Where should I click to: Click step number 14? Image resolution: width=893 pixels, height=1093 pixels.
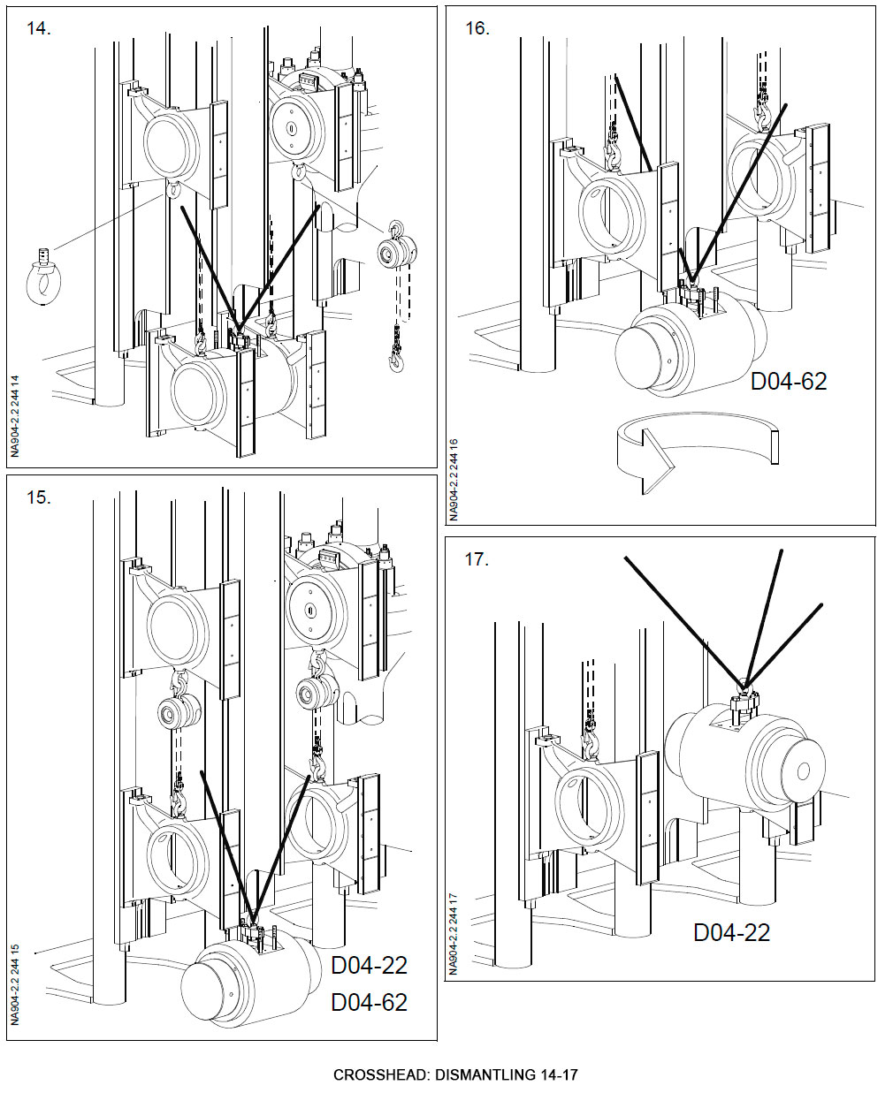click(x=39, y=28)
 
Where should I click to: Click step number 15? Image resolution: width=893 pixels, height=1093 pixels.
click(x=39, y=497)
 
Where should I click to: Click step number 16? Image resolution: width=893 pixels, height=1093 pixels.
click(x=477, y=28)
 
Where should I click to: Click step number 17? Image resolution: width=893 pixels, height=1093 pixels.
click(x=477, y=558)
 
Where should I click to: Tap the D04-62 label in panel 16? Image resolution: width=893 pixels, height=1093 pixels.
click(x=789, y=381)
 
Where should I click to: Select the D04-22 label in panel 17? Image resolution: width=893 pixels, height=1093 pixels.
click(x=731, y=932)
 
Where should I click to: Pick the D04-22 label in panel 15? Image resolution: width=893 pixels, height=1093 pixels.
click(x=369, y=965)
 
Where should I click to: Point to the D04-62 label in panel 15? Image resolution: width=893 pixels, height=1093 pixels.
click(x=369, y=1002)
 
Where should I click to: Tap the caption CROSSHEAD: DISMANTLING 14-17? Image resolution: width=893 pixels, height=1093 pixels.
click(x=455, y=1075)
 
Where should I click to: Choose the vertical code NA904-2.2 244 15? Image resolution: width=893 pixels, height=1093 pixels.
click(x=15, y=981)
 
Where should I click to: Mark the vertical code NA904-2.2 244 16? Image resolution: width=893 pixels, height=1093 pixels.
click(x=454, y=477)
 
